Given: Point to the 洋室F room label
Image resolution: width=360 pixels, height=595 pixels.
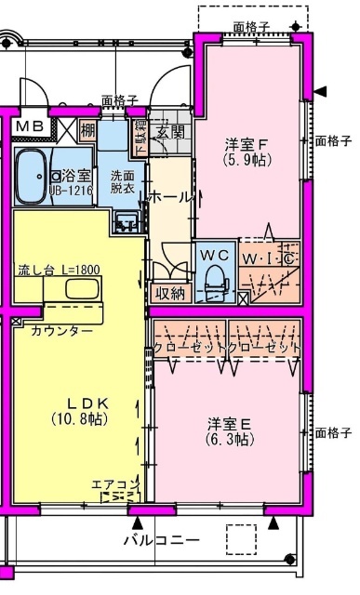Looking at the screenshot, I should pyautogui.click(x=247, y=144).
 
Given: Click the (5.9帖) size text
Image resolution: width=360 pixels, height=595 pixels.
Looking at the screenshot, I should pyautogui.click(x=247, y=159).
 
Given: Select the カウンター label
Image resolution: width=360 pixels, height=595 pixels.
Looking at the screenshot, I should pyautogui.click(x=61, y=330).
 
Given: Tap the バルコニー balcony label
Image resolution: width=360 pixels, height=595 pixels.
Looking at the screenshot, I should pyautogui.click(x=165, y=539).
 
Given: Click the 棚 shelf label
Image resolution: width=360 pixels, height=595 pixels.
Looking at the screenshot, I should pyautogui.click(x=87, y=129).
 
